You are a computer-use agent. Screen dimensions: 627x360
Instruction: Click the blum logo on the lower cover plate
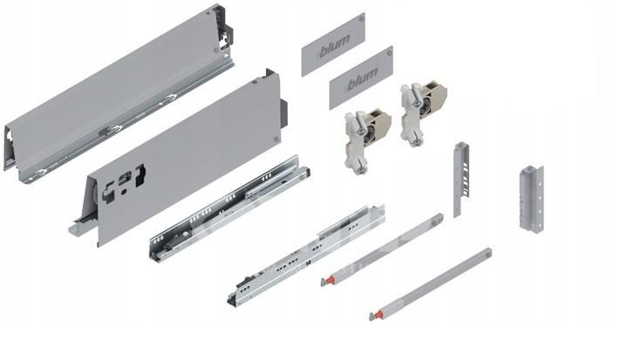(x=362, y=79)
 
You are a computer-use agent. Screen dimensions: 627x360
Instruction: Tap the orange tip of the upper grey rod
(x=326, y=281)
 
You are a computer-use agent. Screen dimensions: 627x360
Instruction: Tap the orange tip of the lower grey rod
(x=376, y=315)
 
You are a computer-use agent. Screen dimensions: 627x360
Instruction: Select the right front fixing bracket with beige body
(x=423, y=112)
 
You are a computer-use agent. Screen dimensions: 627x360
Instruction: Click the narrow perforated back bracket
(x=460, y=179)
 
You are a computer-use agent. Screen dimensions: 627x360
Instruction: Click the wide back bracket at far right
(x=531, y=198)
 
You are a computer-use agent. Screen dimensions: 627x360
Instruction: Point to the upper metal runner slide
(x=229, y=207)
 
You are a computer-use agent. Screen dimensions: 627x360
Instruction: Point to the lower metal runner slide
(x=306, y=255)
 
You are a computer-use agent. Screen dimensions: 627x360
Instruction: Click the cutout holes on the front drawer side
(x=124, y=182)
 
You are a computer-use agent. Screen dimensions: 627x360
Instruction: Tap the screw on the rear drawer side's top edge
(x=208, y=13)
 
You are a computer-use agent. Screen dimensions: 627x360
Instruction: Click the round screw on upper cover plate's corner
(x=361, y=18)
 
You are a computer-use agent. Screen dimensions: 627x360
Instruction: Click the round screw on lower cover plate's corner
(x=389, y=51)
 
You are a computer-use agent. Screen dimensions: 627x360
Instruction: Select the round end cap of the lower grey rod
(x=487, y=253)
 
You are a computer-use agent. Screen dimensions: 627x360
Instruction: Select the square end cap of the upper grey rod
(x=439, y=219)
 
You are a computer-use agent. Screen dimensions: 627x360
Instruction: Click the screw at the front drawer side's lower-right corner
(x=276, y=139)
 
